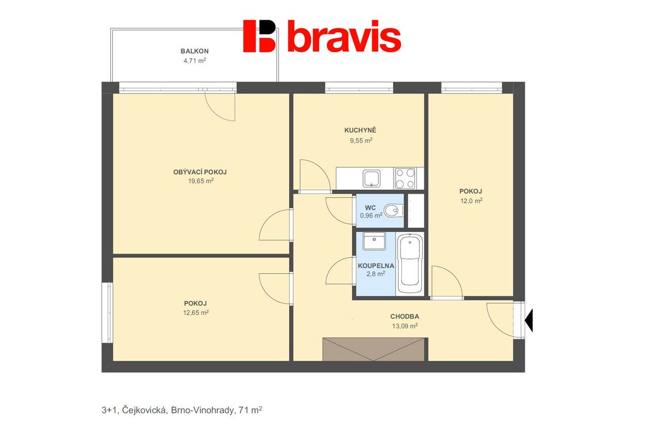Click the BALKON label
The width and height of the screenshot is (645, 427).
(195, 51)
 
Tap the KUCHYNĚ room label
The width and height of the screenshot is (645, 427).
(360, 130)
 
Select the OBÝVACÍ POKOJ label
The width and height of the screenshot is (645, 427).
(200, 172)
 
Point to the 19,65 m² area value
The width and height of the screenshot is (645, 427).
(201, 180)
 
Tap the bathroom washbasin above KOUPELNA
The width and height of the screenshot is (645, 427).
(374, 241)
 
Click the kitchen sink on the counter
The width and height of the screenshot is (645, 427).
(372, 178)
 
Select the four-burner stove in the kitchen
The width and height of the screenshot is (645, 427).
(405, 178)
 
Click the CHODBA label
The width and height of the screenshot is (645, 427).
(405, 317)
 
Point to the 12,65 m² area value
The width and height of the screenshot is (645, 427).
(196, 313)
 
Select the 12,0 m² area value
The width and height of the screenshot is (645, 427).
(471, 201)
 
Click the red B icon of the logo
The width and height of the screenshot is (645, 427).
(259, 36)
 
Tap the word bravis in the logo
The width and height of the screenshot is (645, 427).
(345, 38)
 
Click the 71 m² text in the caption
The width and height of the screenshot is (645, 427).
(251, 410)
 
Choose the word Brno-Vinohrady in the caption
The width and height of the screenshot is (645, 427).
(203, 410)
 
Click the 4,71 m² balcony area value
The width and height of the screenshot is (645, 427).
(195, 61)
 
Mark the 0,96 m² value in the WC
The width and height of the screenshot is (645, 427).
(371, 215)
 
